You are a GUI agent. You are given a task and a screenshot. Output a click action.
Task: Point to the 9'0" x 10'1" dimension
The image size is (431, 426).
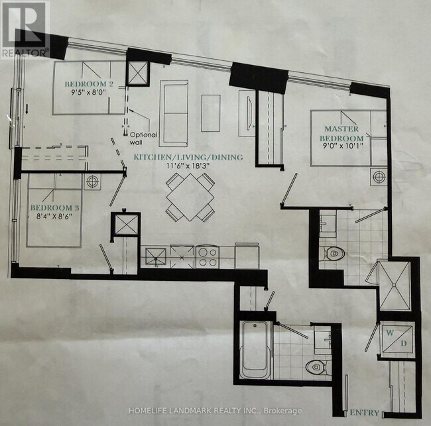tap(341, 146)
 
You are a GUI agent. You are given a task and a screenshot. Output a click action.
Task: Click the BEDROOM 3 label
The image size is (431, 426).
tap(54, 208)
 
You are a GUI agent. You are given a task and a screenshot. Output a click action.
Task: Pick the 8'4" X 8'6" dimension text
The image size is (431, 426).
tap(54, 216)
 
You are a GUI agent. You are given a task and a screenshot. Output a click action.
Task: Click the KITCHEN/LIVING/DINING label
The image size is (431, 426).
tap(188, 157)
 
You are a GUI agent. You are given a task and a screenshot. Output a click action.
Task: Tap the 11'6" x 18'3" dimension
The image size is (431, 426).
tap(188, 166)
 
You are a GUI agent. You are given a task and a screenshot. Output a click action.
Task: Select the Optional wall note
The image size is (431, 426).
tap(143, 138)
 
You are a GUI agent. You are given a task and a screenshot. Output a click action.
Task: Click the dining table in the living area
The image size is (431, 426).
tap(190, 197)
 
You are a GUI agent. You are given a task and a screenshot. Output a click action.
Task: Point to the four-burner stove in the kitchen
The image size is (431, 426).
tap(208, 257)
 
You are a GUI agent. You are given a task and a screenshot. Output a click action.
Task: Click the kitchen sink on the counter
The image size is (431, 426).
tap(156, 257)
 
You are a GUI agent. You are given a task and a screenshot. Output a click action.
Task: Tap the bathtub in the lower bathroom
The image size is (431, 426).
tap(255, 350)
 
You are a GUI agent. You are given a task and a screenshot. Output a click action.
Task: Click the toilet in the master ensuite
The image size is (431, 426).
tap(332, 253)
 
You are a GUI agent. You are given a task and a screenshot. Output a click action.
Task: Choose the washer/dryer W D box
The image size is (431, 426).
tap(397, 339)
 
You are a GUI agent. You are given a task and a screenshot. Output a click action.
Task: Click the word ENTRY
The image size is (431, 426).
tap(365, 413)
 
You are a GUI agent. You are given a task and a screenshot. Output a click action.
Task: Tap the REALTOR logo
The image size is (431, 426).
tap(25, 29)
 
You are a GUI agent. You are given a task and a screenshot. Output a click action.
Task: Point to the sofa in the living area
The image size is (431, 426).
tap(174, 113)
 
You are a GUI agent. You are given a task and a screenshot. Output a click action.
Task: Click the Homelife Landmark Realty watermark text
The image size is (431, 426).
tap(215, 411)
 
